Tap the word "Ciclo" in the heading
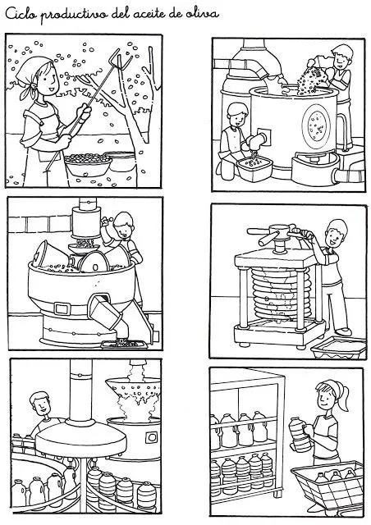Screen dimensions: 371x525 (x=21, y=14)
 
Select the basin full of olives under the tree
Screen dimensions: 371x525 (x=88, y=165)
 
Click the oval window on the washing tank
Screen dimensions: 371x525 (x=316, y=124)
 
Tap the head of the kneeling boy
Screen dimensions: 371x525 (x=237, y=115)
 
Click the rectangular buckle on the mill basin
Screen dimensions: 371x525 (x=62, y=308)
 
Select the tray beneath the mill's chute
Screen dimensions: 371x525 (x=124, y=344)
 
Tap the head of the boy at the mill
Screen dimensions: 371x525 (x=123, y=226)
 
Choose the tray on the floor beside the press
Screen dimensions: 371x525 (x=338, y=348)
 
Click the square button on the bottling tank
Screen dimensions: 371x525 (x=152, y=437)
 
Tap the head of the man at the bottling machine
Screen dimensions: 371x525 (x=40, y=404)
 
